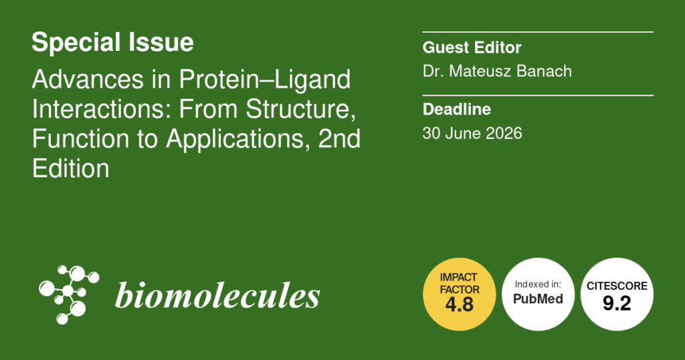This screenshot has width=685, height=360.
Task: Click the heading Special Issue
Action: [112, 42]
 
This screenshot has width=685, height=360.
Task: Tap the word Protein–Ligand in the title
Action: [265, 80]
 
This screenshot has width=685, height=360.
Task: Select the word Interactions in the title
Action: [102, 109]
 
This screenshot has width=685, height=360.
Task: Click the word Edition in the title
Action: [70, 169]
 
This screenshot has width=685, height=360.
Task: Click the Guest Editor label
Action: [472, 48]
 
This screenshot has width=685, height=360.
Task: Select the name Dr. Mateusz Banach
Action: [497, 71]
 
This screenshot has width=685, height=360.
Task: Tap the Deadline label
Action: [456, 109]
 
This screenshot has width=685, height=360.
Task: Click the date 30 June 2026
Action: [472, 133]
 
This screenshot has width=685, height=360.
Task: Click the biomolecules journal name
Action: [217, 295]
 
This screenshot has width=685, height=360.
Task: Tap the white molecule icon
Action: [69, 294]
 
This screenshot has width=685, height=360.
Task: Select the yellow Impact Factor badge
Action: [459, 294]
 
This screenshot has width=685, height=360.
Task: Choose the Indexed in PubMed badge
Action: [539, 294]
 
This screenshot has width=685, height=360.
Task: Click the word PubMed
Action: [539, 299]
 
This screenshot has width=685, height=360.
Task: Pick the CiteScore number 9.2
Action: [617, 303]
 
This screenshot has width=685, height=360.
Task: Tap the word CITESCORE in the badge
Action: [617, 286]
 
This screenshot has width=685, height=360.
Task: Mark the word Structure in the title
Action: [300, 109]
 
